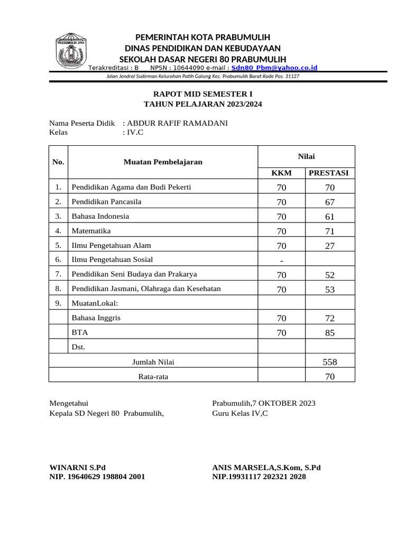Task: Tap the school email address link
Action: point(274,68)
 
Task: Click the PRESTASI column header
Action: point(330,173)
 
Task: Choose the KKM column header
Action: point(281,173)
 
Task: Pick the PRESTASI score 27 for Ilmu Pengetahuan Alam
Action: point(330,246)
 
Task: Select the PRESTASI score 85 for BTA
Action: point(330,333)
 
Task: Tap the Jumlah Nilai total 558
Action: point(330,362)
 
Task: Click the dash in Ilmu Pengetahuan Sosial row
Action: point(281,260)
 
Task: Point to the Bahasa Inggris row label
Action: point(97,318)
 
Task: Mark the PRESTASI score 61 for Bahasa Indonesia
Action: point(330,217)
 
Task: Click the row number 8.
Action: point(58,289)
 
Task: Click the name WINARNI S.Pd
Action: point(77,468)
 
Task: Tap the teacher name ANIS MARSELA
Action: point(244,468)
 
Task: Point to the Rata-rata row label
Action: point(153,377)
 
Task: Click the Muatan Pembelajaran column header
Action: point(163,162)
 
